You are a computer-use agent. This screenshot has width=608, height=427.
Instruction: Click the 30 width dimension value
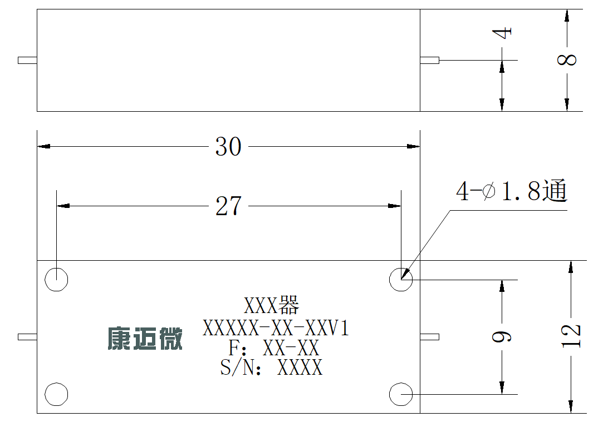[228, 147]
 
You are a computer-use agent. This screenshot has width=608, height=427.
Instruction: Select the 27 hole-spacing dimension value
[228, 206]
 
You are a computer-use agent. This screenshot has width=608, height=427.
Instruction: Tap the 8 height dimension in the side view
[567, 59]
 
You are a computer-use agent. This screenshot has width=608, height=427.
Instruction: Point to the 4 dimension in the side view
[502, 32]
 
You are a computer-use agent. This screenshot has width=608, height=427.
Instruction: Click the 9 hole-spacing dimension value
[502, 337]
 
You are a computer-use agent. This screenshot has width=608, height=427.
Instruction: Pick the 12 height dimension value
[571, 336]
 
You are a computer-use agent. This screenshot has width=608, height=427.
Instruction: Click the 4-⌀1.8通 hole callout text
[512, 191]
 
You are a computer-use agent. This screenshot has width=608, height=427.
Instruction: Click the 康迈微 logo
[145, 339]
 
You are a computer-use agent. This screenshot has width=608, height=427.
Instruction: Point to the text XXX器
[272, 305]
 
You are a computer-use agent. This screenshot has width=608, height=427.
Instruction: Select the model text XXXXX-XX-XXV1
[276, 328]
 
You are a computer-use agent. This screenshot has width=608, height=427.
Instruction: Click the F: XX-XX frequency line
[273, 347]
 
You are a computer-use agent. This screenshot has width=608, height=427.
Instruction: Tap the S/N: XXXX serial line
[272, 367]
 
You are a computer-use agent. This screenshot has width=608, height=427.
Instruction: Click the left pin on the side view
[27, 61]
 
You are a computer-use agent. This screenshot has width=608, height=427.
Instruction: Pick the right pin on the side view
[430, 61]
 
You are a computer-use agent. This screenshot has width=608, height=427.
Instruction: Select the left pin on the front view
[27, 337]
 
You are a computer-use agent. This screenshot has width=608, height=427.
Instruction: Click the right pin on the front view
[430, 337]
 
